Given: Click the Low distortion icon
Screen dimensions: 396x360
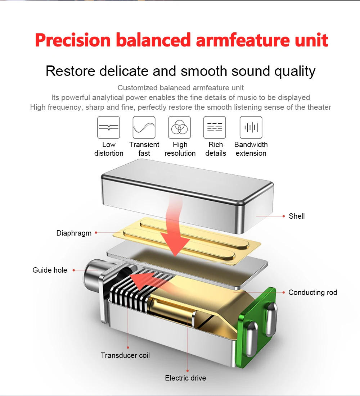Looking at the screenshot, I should coord(108,127).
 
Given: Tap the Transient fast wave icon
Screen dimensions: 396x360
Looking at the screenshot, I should coord(144,127).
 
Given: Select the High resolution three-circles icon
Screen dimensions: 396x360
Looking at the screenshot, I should coord(180,127).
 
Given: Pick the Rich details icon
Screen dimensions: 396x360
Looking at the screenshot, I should coord(215,127).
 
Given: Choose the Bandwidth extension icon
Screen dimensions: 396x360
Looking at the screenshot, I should coord(251,127).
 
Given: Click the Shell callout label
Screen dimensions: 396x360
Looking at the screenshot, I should coord(297,216).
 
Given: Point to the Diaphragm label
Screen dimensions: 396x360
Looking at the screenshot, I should coord(74,233).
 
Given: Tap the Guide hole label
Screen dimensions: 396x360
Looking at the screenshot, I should coord(50,270).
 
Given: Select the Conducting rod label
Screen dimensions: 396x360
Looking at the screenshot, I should coord(312,292).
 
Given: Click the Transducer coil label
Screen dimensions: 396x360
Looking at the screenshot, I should coord(125,355).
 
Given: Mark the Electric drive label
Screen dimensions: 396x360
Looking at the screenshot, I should coord(185,378).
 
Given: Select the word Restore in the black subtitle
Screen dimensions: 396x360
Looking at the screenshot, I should coord(70,71).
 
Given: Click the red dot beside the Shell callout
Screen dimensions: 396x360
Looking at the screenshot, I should coord(284,216).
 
